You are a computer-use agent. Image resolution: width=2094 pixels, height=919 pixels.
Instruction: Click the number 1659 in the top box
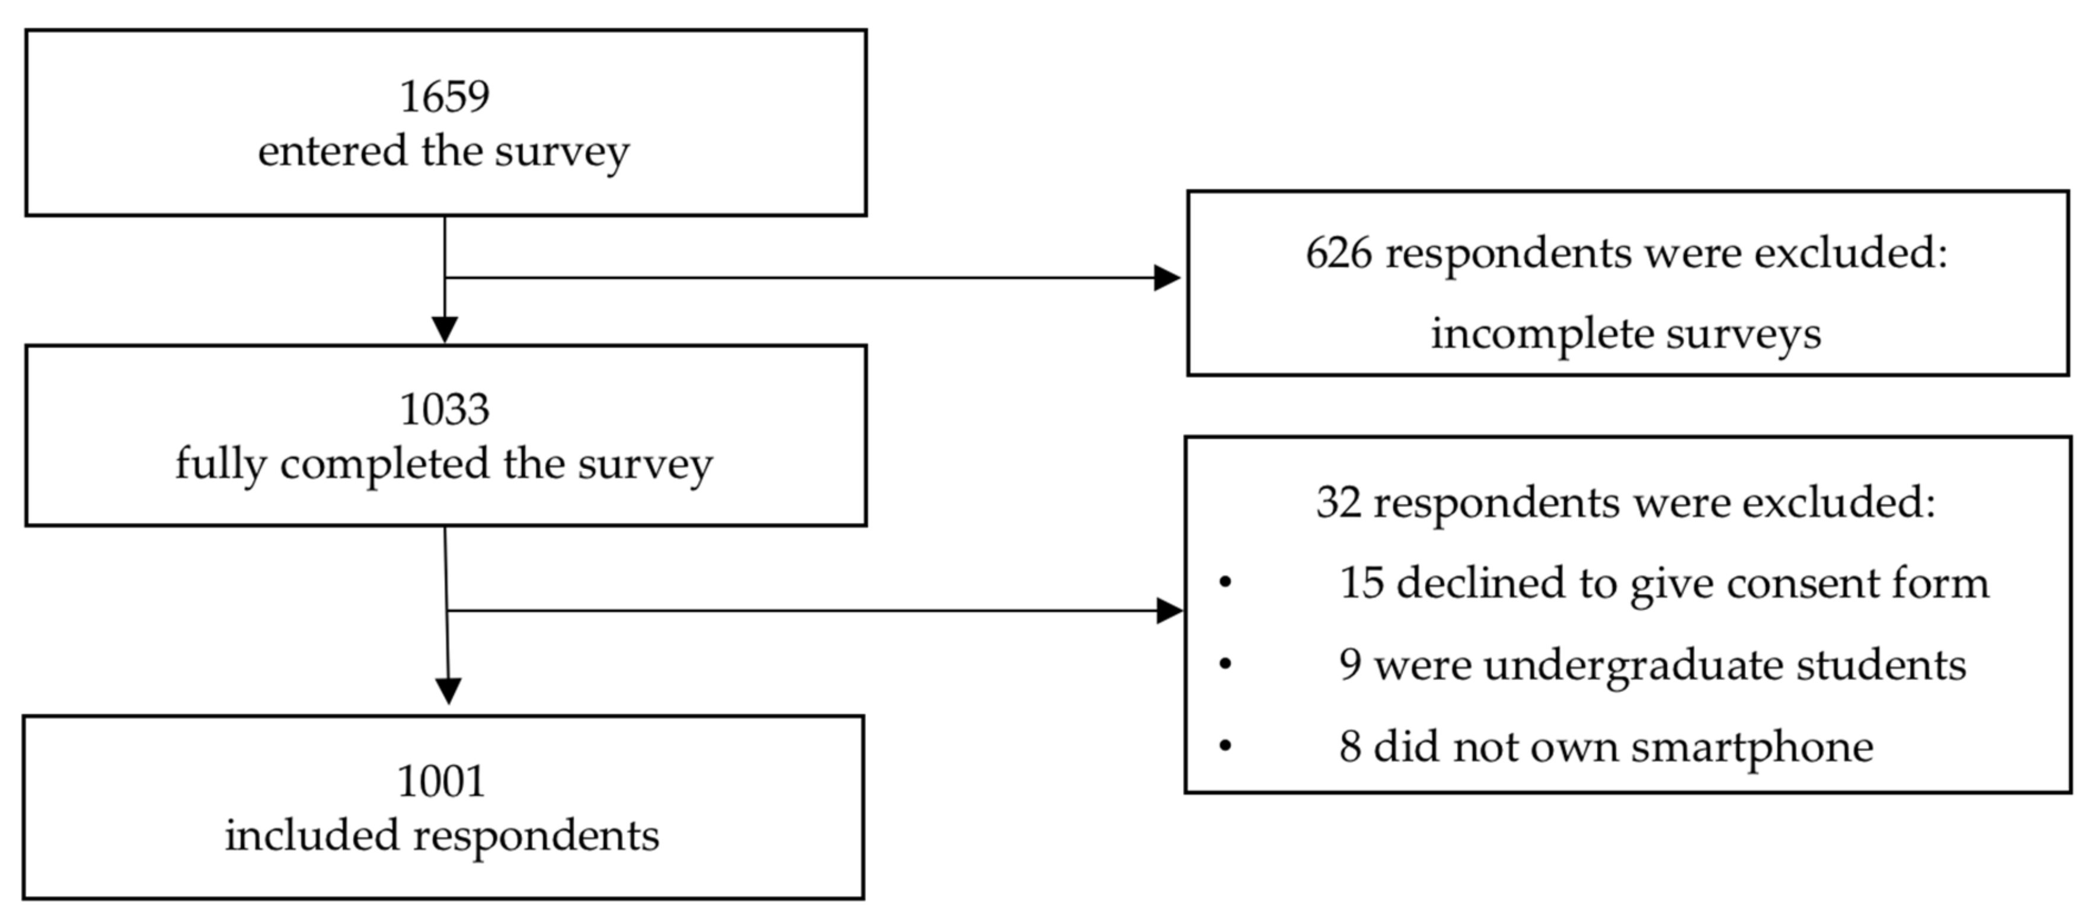(x=445, y=97)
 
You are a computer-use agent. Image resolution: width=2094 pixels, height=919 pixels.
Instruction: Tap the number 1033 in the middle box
(x=445, y=409)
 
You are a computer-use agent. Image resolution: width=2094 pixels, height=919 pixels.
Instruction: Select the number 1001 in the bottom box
(x=442, y=782)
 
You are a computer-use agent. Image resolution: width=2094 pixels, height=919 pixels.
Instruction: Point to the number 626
(x=1338, y=254)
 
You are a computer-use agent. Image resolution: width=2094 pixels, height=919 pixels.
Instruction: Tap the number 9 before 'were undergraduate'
(x=1349, y=665)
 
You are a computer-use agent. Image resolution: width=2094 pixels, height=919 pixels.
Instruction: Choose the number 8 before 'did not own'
(x=1349, y=747)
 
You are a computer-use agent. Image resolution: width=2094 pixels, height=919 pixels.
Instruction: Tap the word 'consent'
(x=1796, y=584)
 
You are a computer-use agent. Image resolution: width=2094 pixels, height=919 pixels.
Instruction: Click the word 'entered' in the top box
(x=333, y=152)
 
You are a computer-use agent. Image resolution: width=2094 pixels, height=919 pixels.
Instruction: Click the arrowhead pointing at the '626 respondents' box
(x=1167, y=278)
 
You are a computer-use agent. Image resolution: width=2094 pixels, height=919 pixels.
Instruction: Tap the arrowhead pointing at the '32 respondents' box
(x=1169, y=610)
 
